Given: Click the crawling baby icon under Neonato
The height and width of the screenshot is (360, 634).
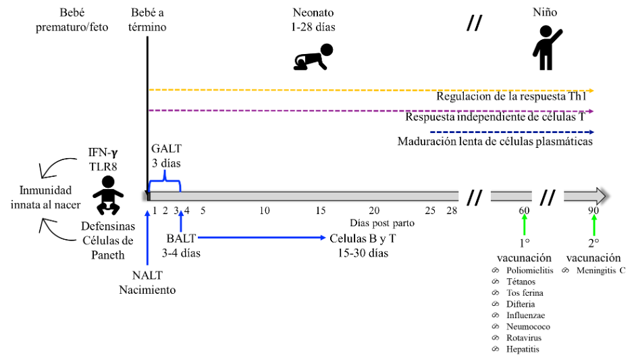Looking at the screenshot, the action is tap(313, 57).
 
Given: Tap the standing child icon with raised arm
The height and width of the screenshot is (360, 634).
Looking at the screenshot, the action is tap(546, 48).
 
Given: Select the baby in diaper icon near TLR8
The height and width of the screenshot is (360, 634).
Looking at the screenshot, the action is tap(108, 195).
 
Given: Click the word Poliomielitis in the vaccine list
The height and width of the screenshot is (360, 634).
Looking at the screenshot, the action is tap(529, 270).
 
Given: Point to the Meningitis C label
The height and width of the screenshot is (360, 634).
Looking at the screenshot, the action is tap(601, 270).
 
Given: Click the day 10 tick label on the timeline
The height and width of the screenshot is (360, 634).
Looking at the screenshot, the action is tap(265, 210).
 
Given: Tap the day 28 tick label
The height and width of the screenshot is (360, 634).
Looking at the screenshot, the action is tap(452, 210).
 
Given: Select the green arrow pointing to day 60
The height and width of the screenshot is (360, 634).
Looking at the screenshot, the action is tap(525, 224).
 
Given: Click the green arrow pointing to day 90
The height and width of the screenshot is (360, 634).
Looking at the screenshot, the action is tap(593, 224).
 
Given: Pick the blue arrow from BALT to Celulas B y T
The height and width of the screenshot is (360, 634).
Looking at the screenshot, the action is tap(261, 238).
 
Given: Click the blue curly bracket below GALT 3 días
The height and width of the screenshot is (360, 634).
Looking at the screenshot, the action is tap(165, 181).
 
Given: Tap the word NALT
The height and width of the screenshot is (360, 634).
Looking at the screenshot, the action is tap(147, 276).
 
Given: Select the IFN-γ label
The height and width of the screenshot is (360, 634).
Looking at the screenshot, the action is tap(103, 153).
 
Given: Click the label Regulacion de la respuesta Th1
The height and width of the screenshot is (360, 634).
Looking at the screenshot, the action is tap(511, 97).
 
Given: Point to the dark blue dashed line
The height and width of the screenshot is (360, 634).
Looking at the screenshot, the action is tap(512, 132).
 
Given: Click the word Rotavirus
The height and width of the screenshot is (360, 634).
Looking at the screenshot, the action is tap(524, 338).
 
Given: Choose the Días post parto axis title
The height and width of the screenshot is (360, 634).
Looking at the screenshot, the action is tap(381, 223).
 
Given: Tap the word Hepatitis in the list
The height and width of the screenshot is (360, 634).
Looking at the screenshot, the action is tap(523, 349).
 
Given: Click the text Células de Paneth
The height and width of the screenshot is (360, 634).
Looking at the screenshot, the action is tap(108, 248).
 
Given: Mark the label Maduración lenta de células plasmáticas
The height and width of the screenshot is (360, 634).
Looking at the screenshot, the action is tap(495, 142).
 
